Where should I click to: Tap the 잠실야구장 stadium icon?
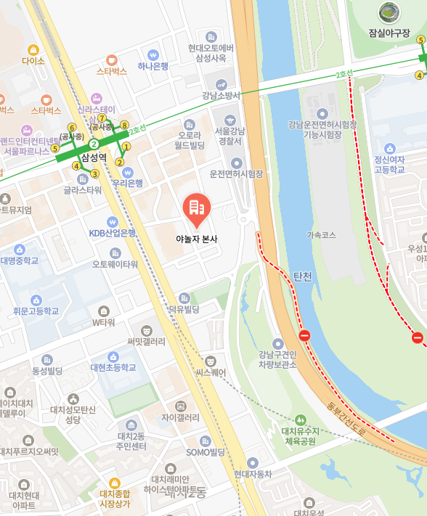point(389,12)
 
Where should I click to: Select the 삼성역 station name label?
point(94,157)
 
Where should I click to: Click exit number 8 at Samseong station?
point(124,125)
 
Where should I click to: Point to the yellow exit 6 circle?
point(72,128)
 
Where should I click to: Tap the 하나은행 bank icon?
point(153,54)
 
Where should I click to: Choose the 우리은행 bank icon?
point(128,173)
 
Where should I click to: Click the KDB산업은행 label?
point(113,233)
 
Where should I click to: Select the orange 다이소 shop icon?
point(33,49)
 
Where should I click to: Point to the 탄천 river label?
point(302,277)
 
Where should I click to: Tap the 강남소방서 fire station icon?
point(220,84)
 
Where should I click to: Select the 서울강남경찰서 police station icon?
point(231,120)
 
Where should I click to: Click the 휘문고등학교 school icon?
point(36,300)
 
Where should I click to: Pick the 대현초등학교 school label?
point(113,368)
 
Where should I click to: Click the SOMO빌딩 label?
point(206,452)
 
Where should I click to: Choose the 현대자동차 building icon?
point(252,462)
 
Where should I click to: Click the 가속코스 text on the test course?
point(321,235)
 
